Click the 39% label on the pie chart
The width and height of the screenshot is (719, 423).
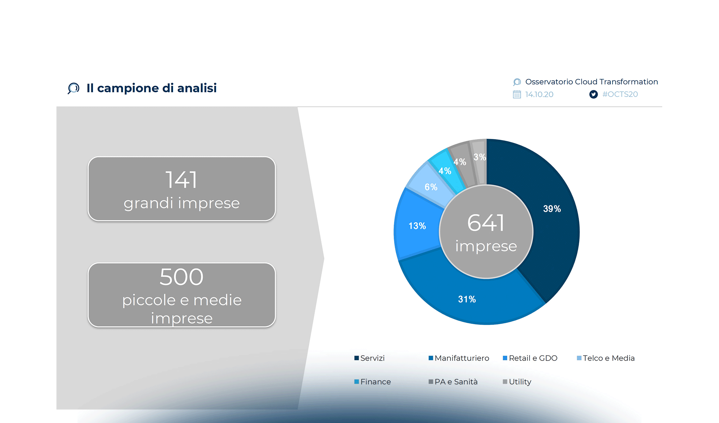click(x=552, y=209)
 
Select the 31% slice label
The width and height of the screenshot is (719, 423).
click(x=467, y=299)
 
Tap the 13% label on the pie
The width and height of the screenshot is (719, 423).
click(x=417, y=226)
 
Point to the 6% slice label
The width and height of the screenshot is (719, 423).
click(x=431, y=187)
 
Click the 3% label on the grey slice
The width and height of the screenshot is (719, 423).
click(x=479, y=157)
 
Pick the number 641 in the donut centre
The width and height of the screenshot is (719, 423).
click(x=486, y=223)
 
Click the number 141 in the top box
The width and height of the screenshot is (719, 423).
click(x=182, y=180)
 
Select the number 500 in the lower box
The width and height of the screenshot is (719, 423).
click(x=182, y=277)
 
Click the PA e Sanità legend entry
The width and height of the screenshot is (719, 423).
click(x=453, y=382)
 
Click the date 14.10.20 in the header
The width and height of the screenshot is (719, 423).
click(x=539, y=94)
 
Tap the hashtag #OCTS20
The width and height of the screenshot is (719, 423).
click(x=620, y=94)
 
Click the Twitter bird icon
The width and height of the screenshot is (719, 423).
click(x=594, y=94)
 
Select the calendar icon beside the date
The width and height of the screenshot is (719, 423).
click(x=517, y=94)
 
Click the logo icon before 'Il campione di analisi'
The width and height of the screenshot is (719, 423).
click(x=73, y=88)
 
